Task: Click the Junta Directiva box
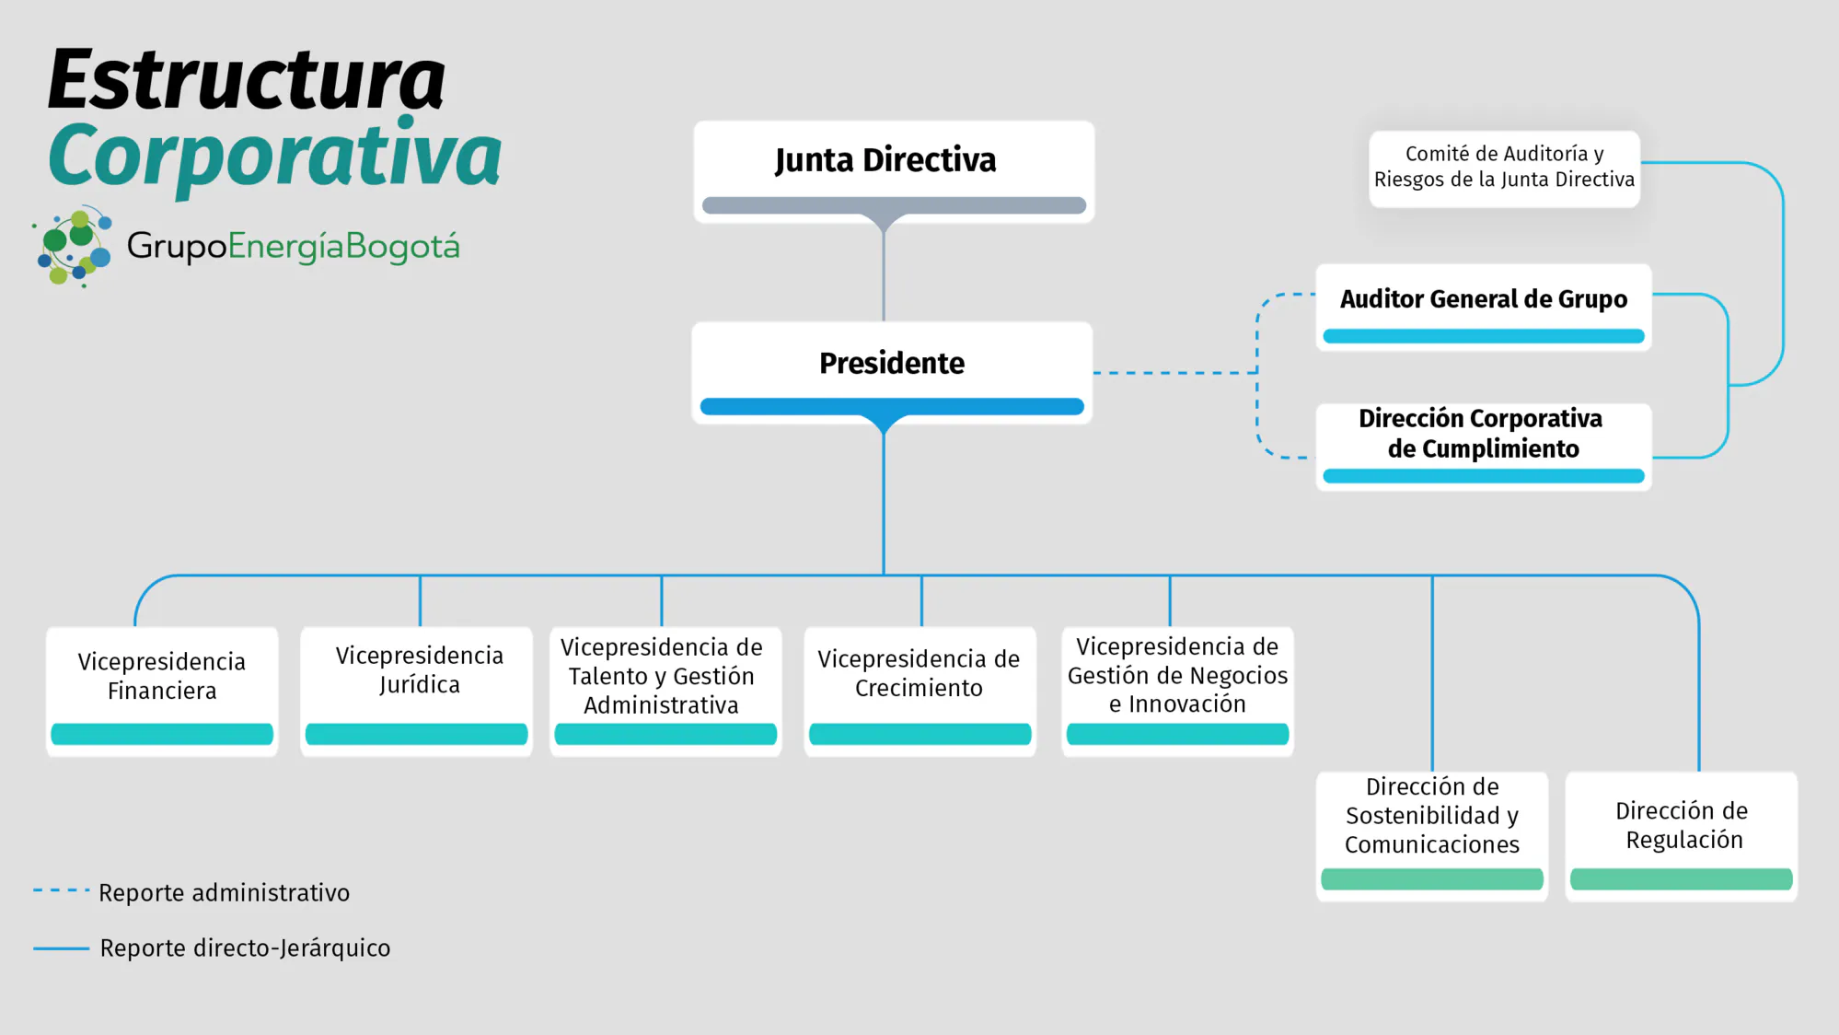click(894, 171)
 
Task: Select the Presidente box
click(892, 373)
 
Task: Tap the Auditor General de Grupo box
click(1484, 308)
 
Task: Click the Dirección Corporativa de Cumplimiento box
click(1484, 447)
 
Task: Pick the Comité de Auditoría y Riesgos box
click(1504, 169)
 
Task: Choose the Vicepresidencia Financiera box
click(162, 692)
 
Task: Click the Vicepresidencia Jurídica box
click(416, 692)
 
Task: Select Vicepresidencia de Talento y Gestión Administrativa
click(665, 692)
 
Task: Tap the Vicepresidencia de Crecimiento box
click(919, 692)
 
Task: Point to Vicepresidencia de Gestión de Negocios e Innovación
click(1177, 692)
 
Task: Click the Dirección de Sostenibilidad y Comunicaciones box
click(1432, 836)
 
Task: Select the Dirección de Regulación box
click(1682, 836)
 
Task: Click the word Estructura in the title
click(247, 79)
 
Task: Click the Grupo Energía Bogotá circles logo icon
click(73, 247)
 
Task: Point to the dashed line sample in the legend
click(61, 890)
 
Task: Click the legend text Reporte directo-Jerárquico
click(245, 948)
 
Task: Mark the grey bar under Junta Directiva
click(894, 205)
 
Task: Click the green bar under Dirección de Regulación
click(1682, 879)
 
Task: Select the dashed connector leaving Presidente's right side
click(1175, 373)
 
